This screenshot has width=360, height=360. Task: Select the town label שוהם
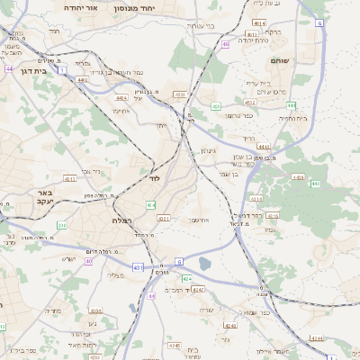(x=278, y=59)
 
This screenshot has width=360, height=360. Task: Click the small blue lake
(x=204, y=264)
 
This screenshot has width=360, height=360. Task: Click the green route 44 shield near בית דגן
(x=8, y=68)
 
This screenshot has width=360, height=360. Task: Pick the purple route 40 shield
(x=88, y=261)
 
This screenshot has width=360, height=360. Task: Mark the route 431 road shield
(x=137, y=267)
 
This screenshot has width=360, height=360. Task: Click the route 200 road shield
(x=60, y=225)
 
